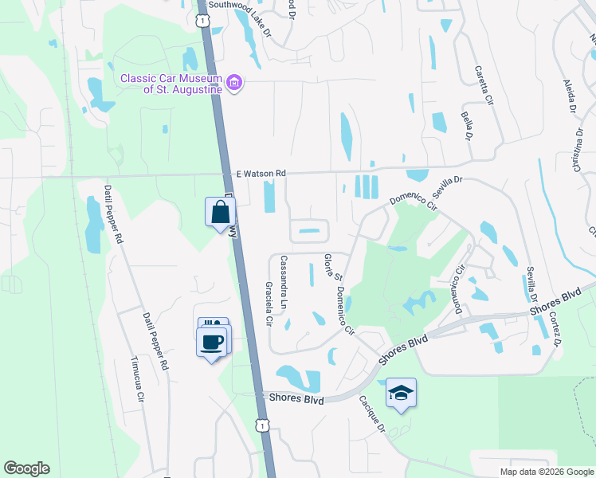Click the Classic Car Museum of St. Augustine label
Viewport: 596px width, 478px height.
pos(171,84)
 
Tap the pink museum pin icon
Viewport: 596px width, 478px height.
pos(234,83)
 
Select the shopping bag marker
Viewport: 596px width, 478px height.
pos(220,213)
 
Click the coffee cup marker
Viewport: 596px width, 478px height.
pos(211,342)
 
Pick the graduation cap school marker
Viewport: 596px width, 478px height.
pos(401,392)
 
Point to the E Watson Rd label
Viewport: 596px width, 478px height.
pos(261,173)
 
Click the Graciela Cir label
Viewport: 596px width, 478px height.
pos(269,312)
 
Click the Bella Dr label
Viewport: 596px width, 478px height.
pos(466,125)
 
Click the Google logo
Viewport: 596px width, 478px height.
pos(26,468)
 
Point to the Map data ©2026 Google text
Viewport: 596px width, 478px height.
pos(546,472)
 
